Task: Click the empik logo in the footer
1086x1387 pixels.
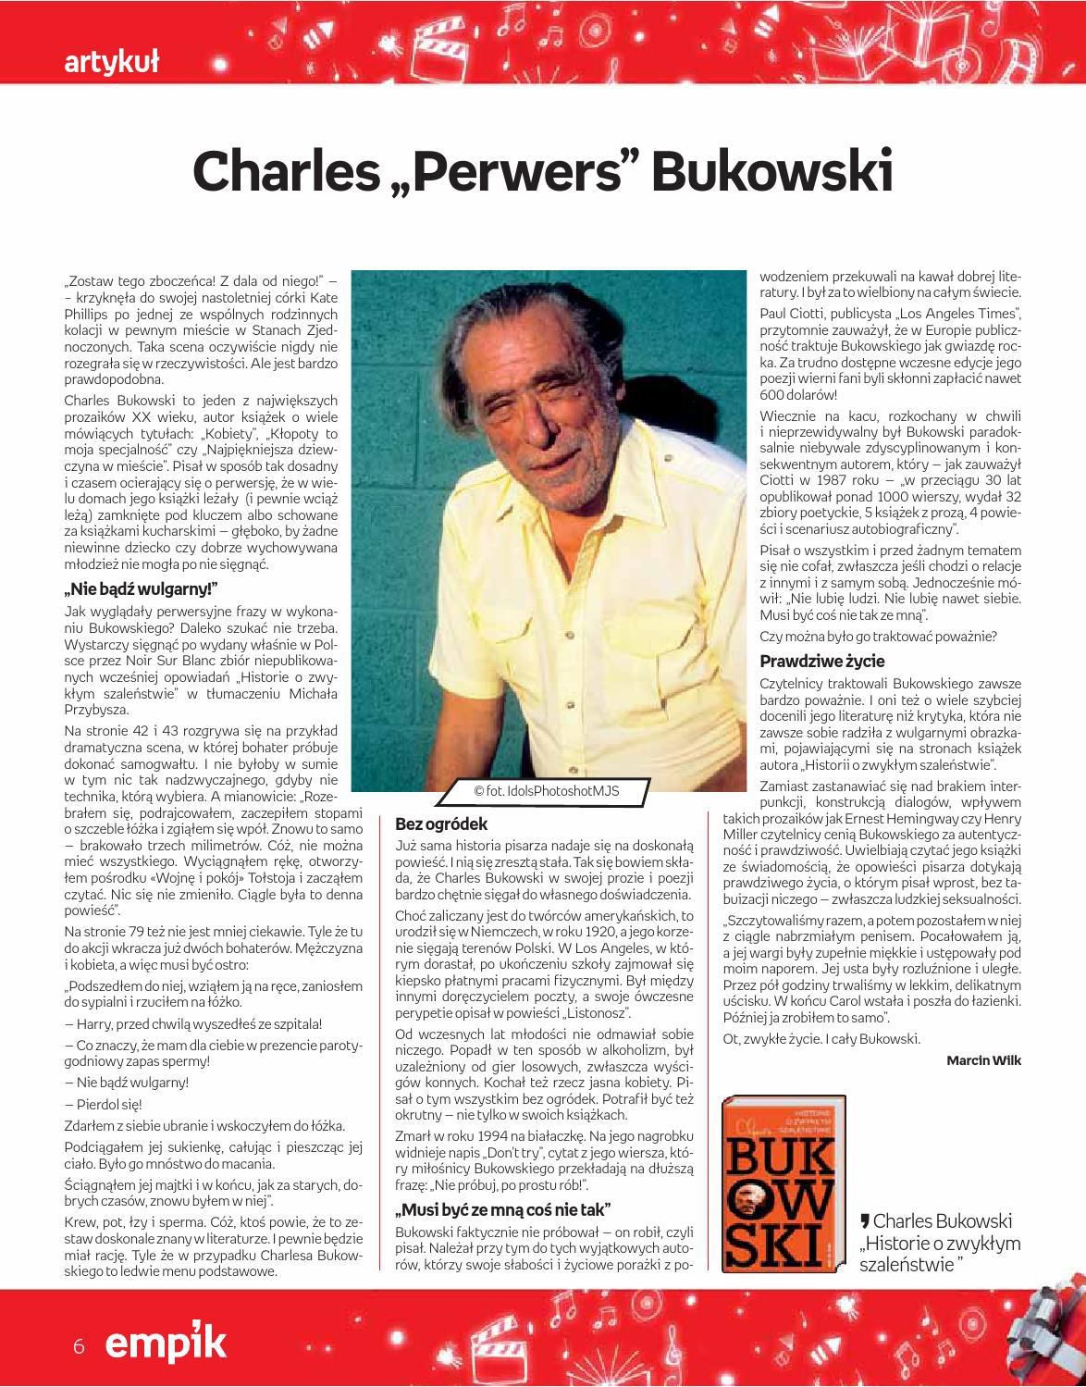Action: [166, 1345]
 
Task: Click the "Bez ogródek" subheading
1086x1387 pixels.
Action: [440, 824]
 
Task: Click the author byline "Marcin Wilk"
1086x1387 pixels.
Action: [983, 1060]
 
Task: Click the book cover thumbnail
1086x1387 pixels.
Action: [784, 1183]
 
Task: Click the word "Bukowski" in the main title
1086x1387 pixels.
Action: [772, 170]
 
